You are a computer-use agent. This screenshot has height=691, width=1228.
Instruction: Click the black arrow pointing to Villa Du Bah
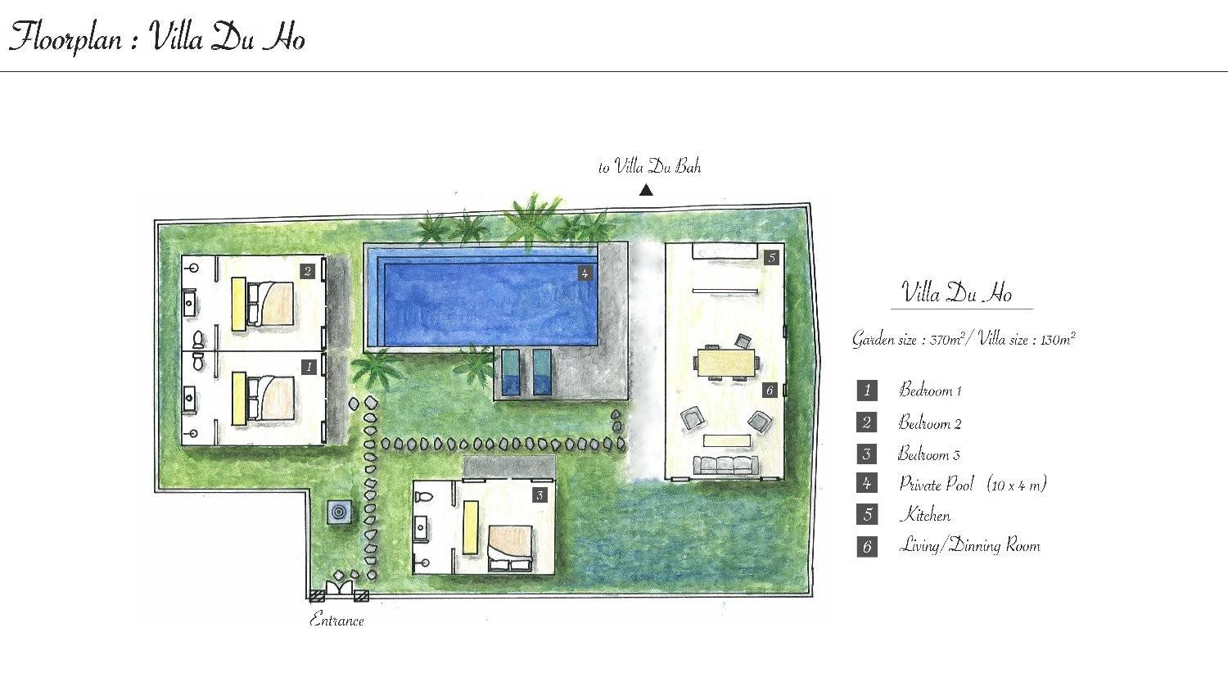[647, 190]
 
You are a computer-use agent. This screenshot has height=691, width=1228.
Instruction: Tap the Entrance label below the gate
[336, 621]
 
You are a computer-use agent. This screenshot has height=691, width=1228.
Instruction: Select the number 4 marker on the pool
[585, 273]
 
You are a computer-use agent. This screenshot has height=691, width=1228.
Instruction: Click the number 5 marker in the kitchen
[771, 257]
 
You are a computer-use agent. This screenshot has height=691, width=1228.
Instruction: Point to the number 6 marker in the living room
[770, 390]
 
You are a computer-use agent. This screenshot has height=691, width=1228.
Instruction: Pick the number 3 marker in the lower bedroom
[540, 496]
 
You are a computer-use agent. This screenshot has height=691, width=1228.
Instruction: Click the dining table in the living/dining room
[726, 363]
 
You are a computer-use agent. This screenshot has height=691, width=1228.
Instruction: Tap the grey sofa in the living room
[726, 465]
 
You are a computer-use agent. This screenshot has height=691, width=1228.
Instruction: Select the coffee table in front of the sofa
[727, 440]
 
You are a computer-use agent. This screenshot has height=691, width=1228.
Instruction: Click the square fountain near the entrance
[340, 513]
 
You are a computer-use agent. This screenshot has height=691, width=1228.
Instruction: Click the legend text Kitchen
[925, 515]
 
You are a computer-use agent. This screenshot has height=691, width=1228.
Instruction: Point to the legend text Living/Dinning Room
[969, 546]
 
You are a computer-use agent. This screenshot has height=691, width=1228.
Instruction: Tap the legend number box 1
[867, 391]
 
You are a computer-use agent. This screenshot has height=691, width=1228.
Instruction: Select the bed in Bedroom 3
[510, 549]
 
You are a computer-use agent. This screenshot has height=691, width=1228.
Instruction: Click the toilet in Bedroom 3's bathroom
[424, 498]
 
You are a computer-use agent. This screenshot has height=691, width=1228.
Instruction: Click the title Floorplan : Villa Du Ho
[157, 38]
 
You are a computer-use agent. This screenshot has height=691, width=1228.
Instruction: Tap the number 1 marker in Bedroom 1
[309, 367]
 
